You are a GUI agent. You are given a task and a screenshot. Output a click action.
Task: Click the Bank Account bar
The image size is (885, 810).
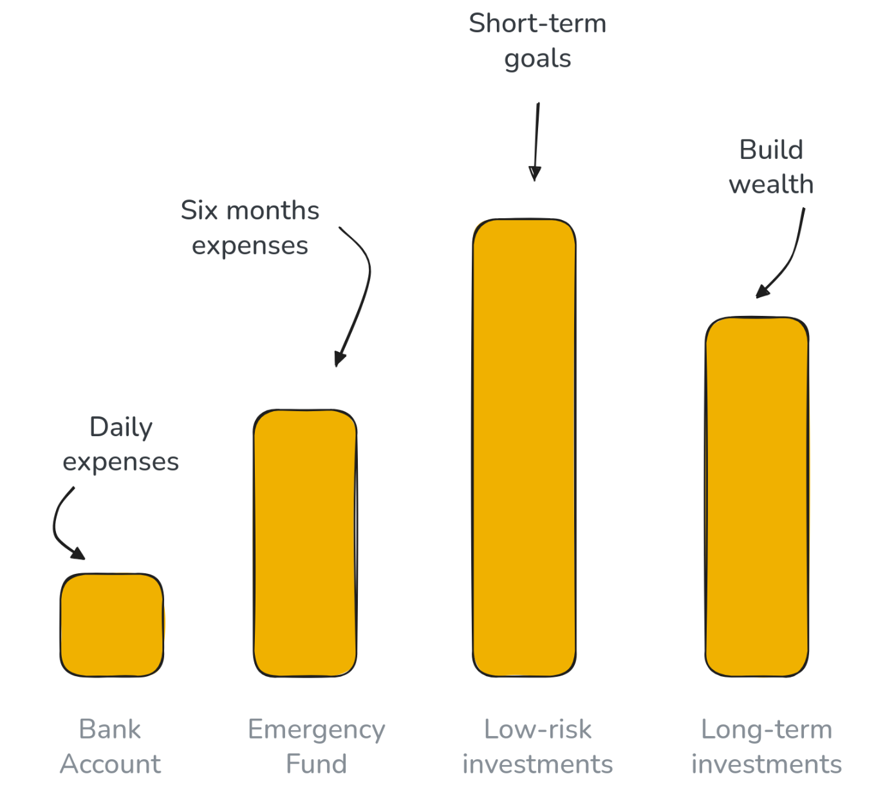point(112,625)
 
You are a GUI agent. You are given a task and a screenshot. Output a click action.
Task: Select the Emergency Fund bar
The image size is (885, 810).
point(305,543)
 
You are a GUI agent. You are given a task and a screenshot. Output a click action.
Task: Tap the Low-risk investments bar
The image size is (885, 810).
point(524,448)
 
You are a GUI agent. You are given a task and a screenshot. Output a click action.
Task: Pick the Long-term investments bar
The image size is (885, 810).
point(756,497)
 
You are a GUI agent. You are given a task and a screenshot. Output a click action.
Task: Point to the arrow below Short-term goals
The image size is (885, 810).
point(536,142)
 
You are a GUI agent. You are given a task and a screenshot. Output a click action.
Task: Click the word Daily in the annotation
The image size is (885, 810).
point(121,427)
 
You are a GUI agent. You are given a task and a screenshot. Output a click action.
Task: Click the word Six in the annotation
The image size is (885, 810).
point(198,210)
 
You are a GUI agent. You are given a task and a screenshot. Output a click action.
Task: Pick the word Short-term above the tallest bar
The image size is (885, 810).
point(537,24)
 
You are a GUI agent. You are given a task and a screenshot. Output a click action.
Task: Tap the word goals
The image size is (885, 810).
point(537,59)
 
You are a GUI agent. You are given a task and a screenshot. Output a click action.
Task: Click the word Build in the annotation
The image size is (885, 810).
point(771,150)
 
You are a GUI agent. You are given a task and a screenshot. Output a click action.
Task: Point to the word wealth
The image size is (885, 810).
point(771,185)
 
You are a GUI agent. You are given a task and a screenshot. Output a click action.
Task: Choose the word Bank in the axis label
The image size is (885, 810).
point(109,730)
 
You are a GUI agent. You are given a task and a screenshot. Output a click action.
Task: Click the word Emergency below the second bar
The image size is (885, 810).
point(316,730)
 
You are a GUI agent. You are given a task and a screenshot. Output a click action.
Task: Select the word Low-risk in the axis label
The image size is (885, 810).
point(537,730)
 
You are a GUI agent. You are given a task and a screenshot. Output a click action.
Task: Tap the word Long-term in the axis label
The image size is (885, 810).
point(767,730)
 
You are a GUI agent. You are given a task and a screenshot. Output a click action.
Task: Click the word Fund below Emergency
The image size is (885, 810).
point(316,764)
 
